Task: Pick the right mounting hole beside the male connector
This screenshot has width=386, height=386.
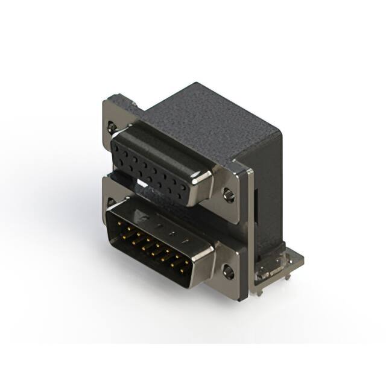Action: tap(227, 271)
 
